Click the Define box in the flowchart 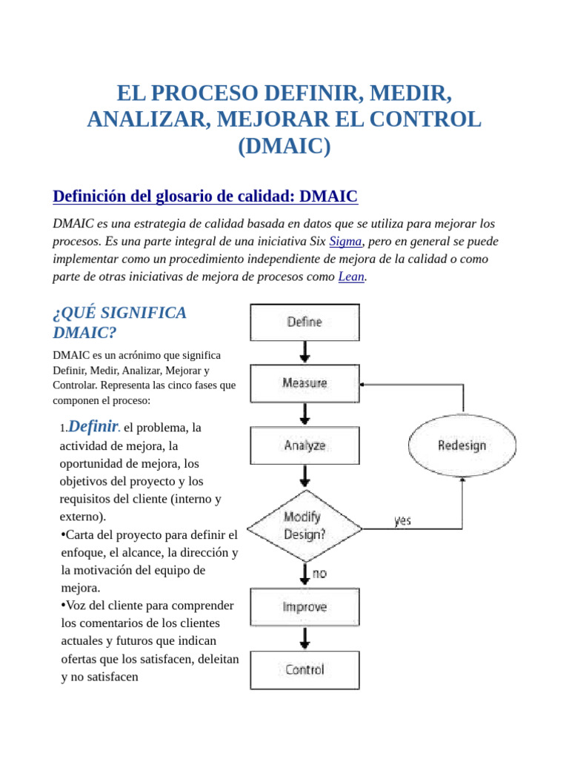[305, 322]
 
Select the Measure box [305, 383]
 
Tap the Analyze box [305, 445]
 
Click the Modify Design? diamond [305, 526]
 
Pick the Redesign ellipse [462, 445]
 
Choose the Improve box [305, 607]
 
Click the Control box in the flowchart [305, 670]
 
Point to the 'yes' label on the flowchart [402, 521]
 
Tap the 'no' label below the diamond [319, 574]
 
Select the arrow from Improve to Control [305, 637]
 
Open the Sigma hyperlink [345, 241]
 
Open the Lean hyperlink [351, 276]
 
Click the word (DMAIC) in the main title [284, 145]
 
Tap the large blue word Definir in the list [93, 426]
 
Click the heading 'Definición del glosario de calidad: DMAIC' [205, 196]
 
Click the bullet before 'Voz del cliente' [63, 606]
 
